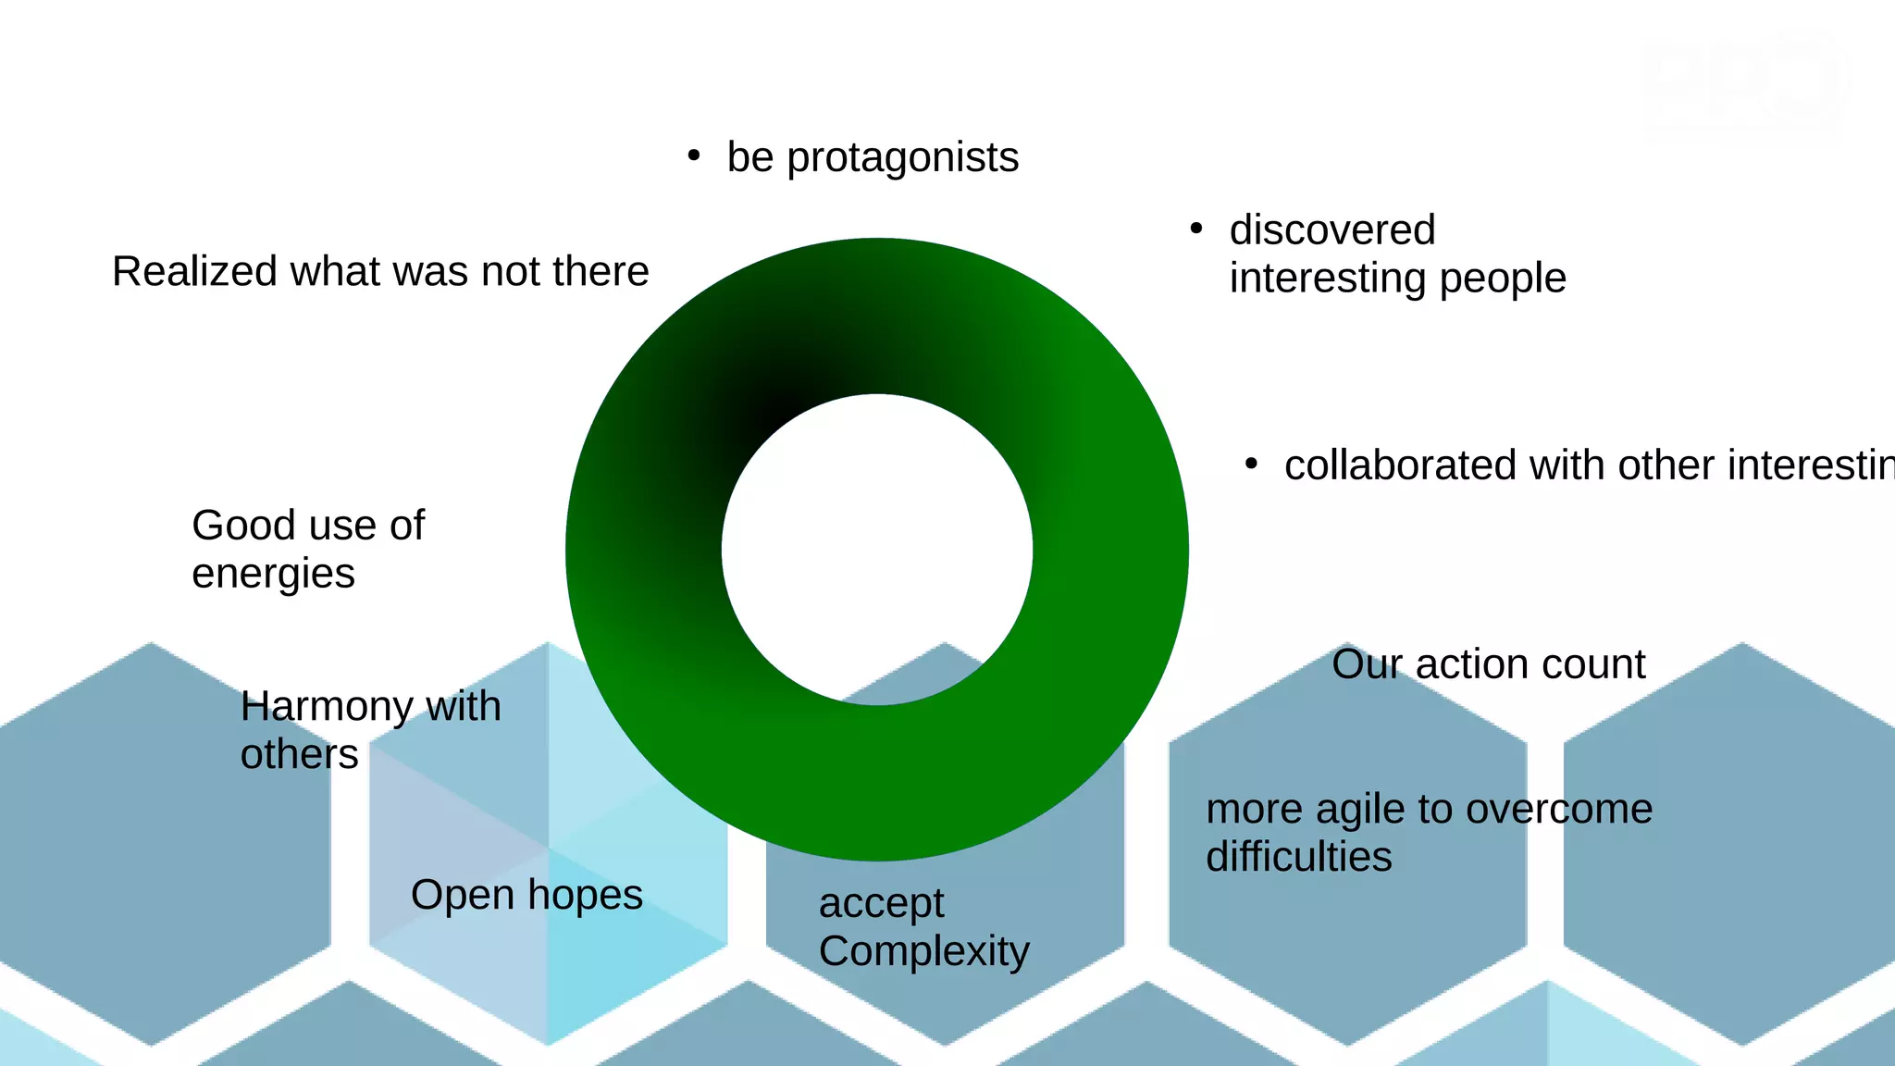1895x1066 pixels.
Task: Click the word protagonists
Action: click(x=902, y=157)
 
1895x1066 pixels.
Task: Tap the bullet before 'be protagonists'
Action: click(x=694, y=155)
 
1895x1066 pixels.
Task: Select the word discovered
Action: click(x=1332, y=229)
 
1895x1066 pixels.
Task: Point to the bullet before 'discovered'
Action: click(x=1196, y=228)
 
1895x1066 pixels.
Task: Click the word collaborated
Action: click(x=1400, y=465)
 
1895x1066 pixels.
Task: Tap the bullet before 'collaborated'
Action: click(x=1251, y=464)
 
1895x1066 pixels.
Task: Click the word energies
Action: click(x=273, y=574)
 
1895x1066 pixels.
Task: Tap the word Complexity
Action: click(x=923, y=951)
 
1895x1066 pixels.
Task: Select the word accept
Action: click(x=881, y=903)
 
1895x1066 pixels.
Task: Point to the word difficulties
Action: click(x=1298, y=857)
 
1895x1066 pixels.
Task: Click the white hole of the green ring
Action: click(x=876, y=550)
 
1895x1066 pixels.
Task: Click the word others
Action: click(x=299, y=755)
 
